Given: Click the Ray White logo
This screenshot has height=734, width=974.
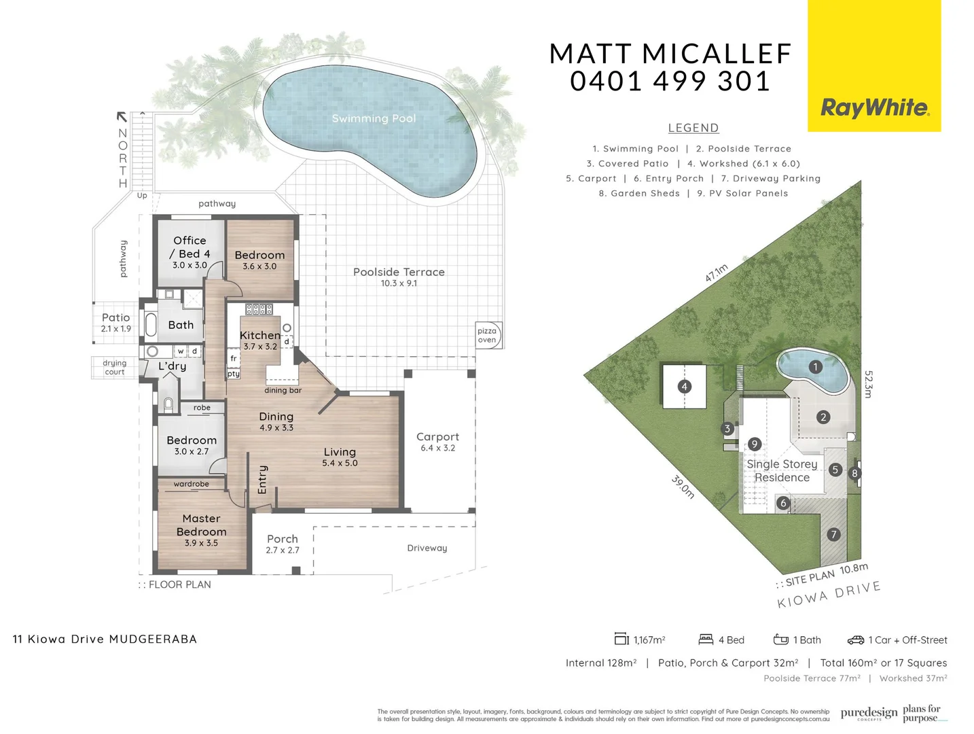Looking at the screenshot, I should (874, 107).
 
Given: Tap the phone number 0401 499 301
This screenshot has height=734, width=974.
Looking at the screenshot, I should (670, 82).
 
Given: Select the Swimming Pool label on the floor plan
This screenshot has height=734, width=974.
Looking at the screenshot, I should (374, 118).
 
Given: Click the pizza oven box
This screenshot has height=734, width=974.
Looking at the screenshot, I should (487, 335).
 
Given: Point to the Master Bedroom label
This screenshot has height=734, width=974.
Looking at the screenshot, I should (201, 525).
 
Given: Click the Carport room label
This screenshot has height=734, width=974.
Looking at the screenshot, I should (437, 437).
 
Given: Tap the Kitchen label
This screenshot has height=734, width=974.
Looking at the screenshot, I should (259, 335).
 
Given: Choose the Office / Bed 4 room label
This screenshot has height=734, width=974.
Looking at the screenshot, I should (190, 247).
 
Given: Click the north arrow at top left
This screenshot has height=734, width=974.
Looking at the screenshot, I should (122, 117).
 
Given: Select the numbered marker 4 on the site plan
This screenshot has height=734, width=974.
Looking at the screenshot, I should (684, 387).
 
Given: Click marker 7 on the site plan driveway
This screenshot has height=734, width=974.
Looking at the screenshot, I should (833, 535).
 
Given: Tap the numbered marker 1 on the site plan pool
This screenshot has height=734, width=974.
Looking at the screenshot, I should (815, 367).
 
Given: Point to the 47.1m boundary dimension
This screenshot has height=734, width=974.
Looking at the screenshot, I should (716, 273).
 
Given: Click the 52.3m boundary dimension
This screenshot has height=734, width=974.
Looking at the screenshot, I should (868, 384).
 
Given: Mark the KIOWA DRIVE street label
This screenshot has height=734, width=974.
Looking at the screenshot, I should (829, 595).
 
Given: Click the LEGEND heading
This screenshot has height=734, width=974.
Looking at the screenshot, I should (693, 128).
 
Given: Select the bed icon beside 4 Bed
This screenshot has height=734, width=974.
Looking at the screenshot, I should (706, 640).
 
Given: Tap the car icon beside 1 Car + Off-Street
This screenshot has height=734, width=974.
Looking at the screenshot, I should (855, 640).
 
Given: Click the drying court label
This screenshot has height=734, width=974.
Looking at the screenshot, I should (115, 367).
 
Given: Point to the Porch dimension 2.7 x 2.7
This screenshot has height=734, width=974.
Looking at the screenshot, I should (283, 550).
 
